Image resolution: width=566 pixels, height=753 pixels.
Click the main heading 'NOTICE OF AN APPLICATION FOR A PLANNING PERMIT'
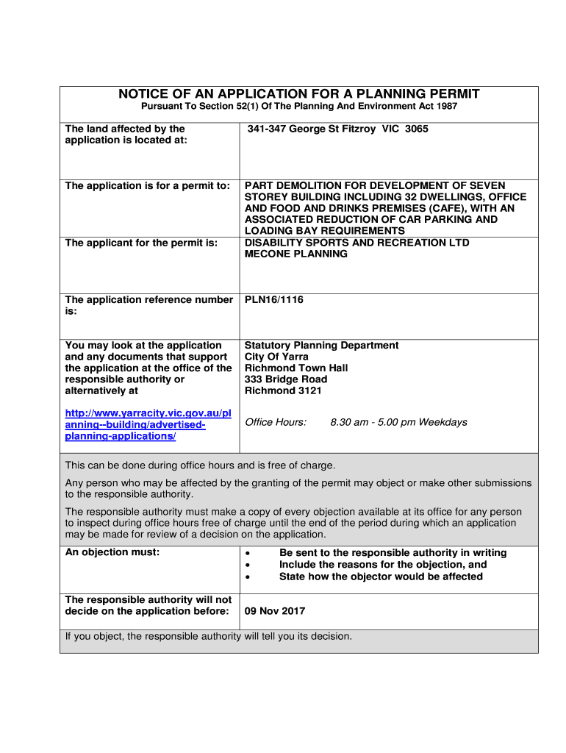coord(298,94)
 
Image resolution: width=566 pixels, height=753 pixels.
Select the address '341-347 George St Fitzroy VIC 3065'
coord(336,129)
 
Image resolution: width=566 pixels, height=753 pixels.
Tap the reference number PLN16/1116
coord(273,300)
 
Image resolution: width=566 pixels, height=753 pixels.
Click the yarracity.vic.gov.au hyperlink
coord(148,425)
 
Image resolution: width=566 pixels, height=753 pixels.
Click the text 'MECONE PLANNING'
coord(295,254)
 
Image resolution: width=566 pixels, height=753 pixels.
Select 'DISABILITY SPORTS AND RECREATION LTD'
coord(357,243)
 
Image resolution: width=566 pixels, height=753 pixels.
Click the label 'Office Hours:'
coord(275,422)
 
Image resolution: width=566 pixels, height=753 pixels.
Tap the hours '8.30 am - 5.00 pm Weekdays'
coord(398,422)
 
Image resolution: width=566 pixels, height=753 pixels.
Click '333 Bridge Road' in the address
coord(286,379)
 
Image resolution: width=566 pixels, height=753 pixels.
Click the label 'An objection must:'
coord(112,552)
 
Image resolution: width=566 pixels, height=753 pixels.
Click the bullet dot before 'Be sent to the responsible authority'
coord(250,553)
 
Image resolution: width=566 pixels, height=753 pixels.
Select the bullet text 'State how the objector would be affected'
coord(381,577)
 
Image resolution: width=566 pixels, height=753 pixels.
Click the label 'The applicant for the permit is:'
coord(141,243)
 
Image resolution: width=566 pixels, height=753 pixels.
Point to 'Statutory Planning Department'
coord(321,345)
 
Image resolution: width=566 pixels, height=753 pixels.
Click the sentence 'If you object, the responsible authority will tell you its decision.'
coord(209,636)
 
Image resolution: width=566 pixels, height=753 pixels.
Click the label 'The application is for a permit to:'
coord(148,185)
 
